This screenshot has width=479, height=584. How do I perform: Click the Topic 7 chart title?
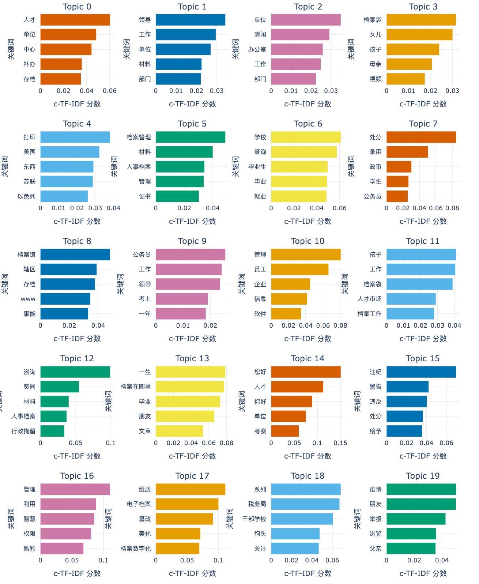coord(423,124)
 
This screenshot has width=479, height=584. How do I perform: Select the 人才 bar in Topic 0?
coord(75,20)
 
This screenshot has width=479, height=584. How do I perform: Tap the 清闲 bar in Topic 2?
coord(300,35)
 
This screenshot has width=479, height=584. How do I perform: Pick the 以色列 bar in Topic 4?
coord(64,196)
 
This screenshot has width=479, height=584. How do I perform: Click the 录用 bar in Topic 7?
coord(407,152)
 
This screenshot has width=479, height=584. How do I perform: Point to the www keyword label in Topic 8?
coord(28,299)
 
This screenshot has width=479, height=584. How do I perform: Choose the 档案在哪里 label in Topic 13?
coord(136,387)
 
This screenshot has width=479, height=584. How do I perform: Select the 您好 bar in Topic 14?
coord(306,372)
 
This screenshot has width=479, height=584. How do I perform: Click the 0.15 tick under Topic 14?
coord(340,443)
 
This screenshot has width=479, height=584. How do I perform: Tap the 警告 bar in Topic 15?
coord(407,387)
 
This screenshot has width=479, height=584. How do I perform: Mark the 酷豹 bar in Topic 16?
coord(62,548)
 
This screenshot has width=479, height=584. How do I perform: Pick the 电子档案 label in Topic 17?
coord(139,504)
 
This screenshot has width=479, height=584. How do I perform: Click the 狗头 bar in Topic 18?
coord(295,534)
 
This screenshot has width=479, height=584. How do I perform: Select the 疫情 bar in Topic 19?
coord(421,489)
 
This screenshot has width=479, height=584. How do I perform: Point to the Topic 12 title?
coord(77,359)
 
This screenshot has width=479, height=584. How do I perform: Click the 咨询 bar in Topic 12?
coord(75,372)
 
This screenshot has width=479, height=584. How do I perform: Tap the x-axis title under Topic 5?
coord(192,221)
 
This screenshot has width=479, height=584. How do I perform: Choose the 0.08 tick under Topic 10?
coord(340,325)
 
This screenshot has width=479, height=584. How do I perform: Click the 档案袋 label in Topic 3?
coord(372,20)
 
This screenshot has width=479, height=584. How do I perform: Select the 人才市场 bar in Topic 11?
coord(411,299)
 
